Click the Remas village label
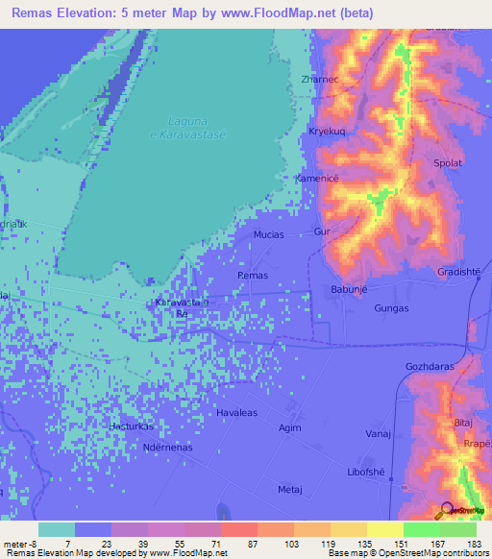click(252, 276)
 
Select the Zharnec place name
click(319, 80)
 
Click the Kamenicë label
click(318, 179)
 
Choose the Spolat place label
click(448, 163)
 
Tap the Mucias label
click(269, 233)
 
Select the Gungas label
click(391, 309)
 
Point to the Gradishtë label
click(458, 271)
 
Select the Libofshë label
click(365, 473)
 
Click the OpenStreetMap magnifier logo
click(447, 509)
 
